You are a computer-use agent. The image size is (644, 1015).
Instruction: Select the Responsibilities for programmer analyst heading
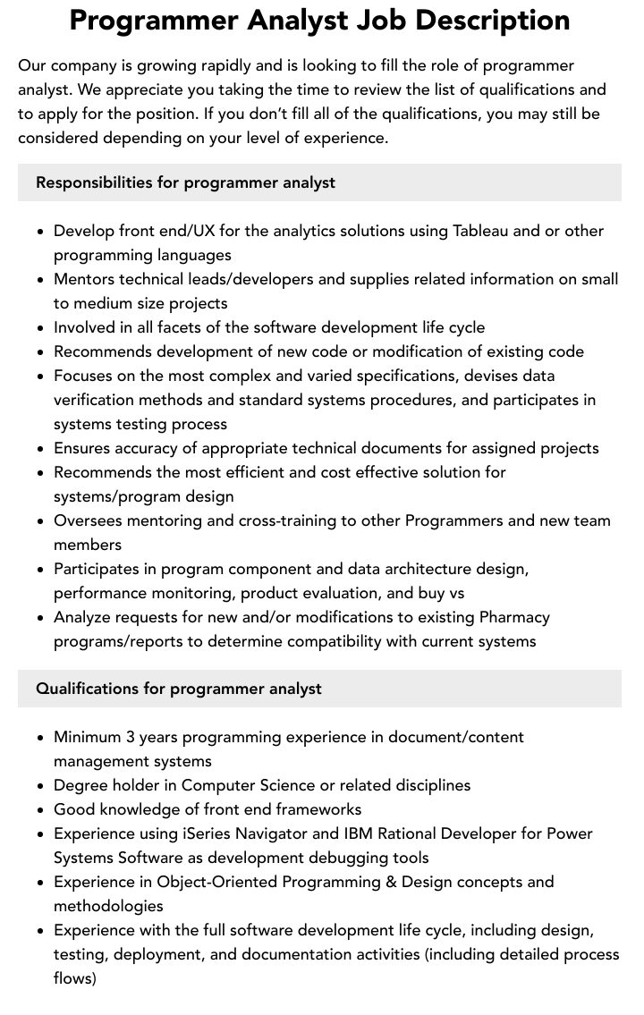click(185, 182)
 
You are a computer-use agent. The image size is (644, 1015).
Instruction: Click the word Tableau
click(480, 231)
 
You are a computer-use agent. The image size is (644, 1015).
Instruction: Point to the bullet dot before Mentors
click(40, 280)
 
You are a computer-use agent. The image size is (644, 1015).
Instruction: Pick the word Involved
click(87, 327)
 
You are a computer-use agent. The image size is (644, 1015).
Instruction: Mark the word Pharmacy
click(514, 617)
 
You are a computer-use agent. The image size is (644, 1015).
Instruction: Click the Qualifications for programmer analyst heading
click(179, 689)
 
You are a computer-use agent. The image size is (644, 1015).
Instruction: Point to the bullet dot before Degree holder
click(40, 786)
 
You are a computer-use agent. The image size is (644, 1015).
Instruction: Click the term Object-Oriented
click(222, 882)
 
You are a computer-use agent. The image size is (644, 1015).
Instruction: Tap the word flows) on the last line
click(75, 978)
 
